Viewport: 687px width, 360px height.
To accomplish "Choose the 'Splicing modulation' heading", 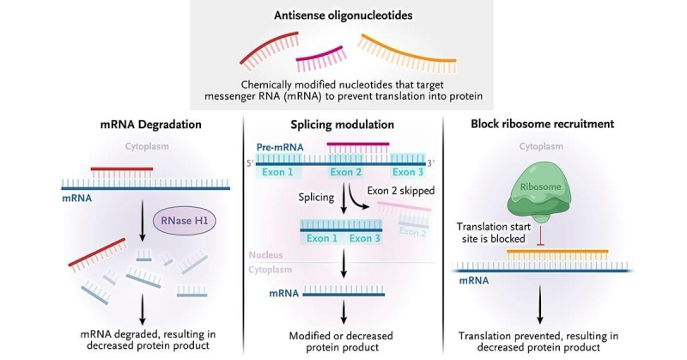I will click(x=343, y=125).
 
